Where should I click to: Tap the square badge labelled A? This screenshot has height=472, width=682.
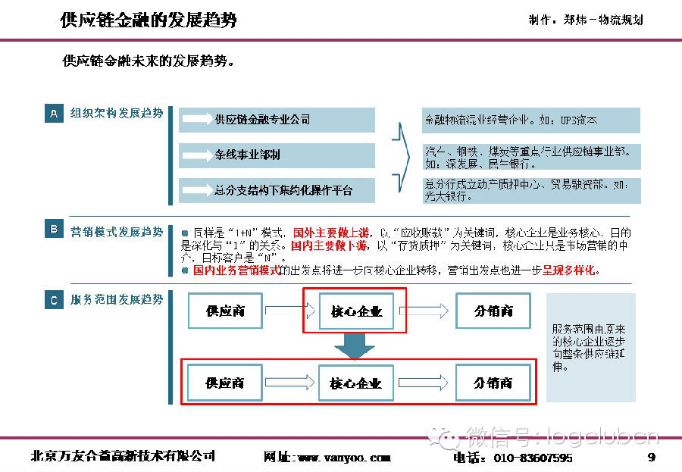[x=53, y=114]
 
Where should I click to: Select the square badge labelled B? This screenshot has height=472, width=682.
[x=53, y=229]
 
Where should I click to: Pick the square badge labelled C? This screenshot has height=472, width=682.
[x=53, y=301]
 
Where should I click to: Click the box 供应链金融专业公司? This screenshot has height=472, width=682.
[x=277, y=120]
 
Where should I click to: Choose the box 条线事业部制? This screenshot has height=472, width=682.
[x=277, y=155]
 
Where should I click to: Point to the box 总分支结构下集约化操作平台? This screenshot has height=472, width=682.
[x=277, y=190]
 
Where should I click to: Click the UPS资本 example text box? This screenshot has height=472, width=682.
[x=530, y=120]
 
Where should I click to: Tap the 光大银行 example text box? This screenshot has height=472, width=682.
[x=530, y=190]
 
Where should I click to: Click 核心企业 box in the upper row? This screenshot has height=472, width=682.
[x=356, y=311]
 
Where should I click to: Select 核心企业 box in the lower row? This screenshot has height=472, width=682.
[x=356, y=383]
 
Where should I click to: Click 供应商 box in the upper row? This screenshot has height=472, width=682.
[x=226, y=311]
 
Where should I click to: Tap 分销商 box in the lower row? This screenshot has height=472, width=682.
[x=493, y=383]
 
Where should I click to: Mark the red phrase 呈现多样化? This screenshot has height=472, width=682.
[x=569, y=270]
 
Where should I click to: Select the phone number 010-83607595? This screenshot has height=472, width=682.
[x=533, y=458]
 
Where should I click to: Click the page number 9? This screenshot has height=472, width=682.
[x=651, y=457]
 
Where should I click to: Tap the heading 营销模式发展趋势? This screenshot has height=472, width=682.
[x=117, y=231]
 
